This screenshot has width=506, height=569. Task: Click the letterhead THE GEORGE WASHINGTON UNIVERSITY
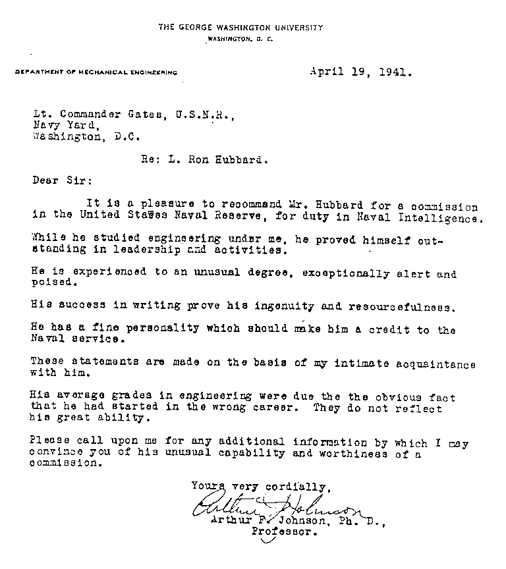click(240, 28)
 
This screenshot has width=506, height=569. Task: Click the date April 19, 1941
click(360, 73)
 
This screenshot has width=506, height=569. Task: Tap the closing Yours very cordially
click(258, 487)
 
